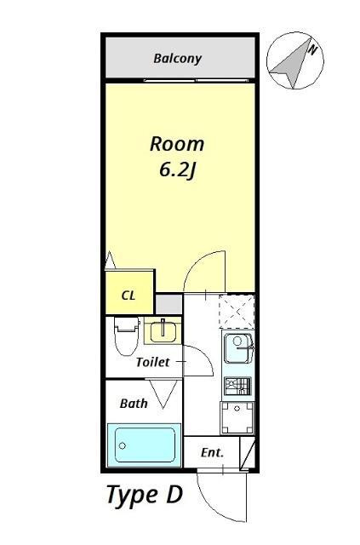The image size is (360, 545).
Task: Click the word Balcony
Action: [x=177, y=59]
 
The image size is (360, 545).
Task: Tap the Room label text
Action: [x=177, y=143]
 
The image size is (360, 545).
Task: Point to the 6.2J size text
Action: [x=177, y=169]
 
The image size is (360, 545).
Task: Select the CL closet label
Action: [x=129, y=296]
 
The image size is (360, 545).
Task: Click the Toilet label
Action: [x=153, y=362]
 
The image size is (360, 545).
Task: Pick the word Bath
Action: [x=134, y=403]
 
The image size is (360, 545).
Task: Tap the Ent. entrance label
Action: [x=212, y=453]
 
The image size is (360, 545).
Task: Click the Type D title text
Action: [x=144, y=495]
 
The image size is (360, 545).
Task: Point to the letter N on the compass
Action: [x=312, y=50]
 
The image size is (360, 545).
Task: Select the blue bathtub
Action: [x=146, y=445]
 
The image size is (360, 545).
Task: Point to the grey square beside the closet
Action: [x=169, y=304]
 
